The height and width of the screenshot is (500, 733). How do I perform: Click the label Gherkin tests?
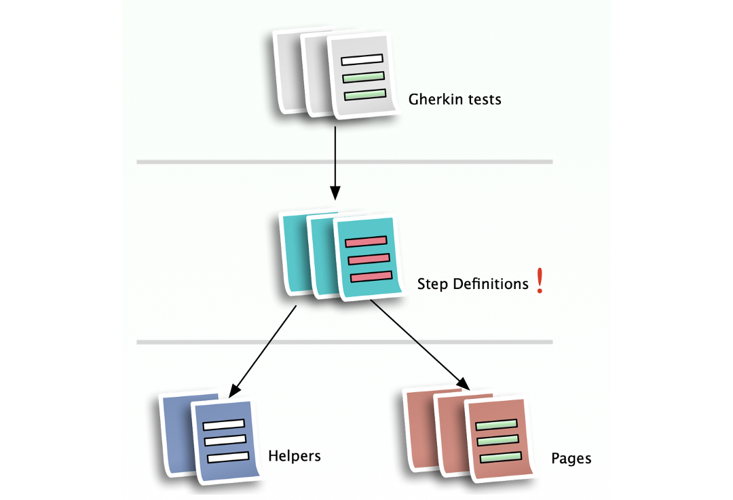(x=455, y=100)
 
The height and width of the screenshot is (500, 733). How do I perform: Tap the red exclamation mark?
(x=540, y=280)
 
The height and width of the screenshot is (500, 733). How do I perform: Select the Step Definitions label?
(x=472, y=284)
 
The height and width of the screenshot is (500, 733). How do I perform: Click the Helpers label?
(x=295, y=456)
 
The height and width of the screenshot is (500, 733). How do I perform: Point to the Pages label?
(x=571, y=459)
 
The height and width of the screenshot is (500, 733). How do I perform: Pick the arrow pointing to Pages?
(x=421, y=346)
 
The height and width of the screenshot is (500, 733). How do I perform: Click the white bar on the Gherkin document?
(x=362, y=60)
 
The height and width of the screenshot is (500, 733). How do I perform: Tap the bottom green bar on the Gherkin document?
(x=365, y=94)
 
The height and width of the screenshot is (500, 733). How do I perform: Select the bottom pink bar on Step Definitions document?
(x=371, y=276)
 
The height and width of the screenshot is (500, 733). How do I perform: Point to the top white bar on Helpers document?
(x=224, y=425)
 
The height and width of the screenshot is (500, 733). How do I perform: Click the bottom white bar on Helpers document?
(x=228, y=457)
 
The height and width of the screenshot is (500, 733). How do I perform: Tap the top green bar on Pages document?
(x=496, y=425)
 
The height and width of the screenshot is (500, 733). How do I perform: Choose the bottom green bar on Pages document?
(x=500, y=457)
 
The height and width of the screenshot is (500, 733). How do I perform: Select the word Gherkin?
(x=433, y=100)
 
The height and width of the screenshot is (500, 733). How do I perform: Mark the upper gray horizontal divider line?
(x=344, y=161)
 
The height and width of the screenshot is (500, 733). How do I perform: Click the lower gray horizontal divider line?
(x=344, y=342)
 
